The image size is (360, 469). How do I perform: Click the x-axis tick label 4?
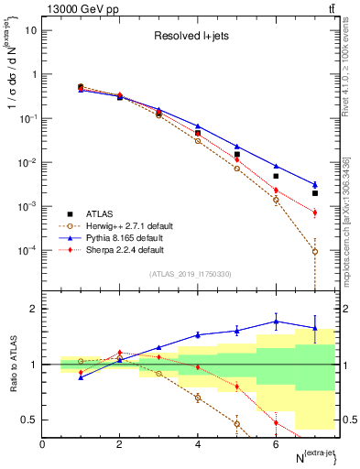(x=198, y=444)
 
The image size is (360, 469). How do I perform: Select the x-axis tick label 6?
(x=276, y=444)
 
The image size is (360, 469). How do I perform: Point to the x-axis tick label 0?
(x=43, y=444)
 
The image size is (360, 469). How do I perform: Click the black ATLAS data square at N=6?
(x=276, y=176)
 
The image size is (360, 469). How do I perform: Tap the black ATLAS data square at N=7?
(x=315, y=193)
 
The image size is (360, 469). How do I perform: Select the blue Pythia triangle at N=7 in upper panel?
(x=315, y=184)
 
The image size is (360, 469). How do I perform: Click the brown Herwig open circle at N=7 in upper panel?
(x=315, y=251)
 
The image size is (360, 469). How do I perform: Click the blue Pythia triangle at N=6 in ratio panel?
(x=276, y=322)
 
